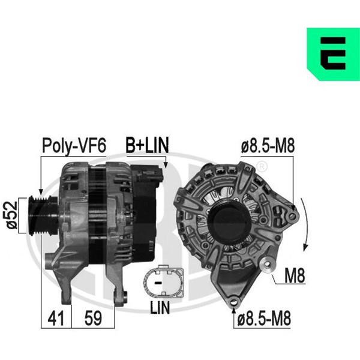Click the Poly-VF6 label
74,146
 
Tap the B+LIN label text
147,145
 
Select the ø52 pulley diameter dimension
12,215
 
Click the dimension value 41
56,318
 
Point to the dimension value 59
93,318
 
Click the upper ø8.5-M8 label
268,146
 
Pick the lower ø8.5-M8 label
264,318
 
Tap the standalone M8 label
295,275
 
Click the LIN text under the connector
160,307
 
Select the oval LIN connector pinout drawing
163,281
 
